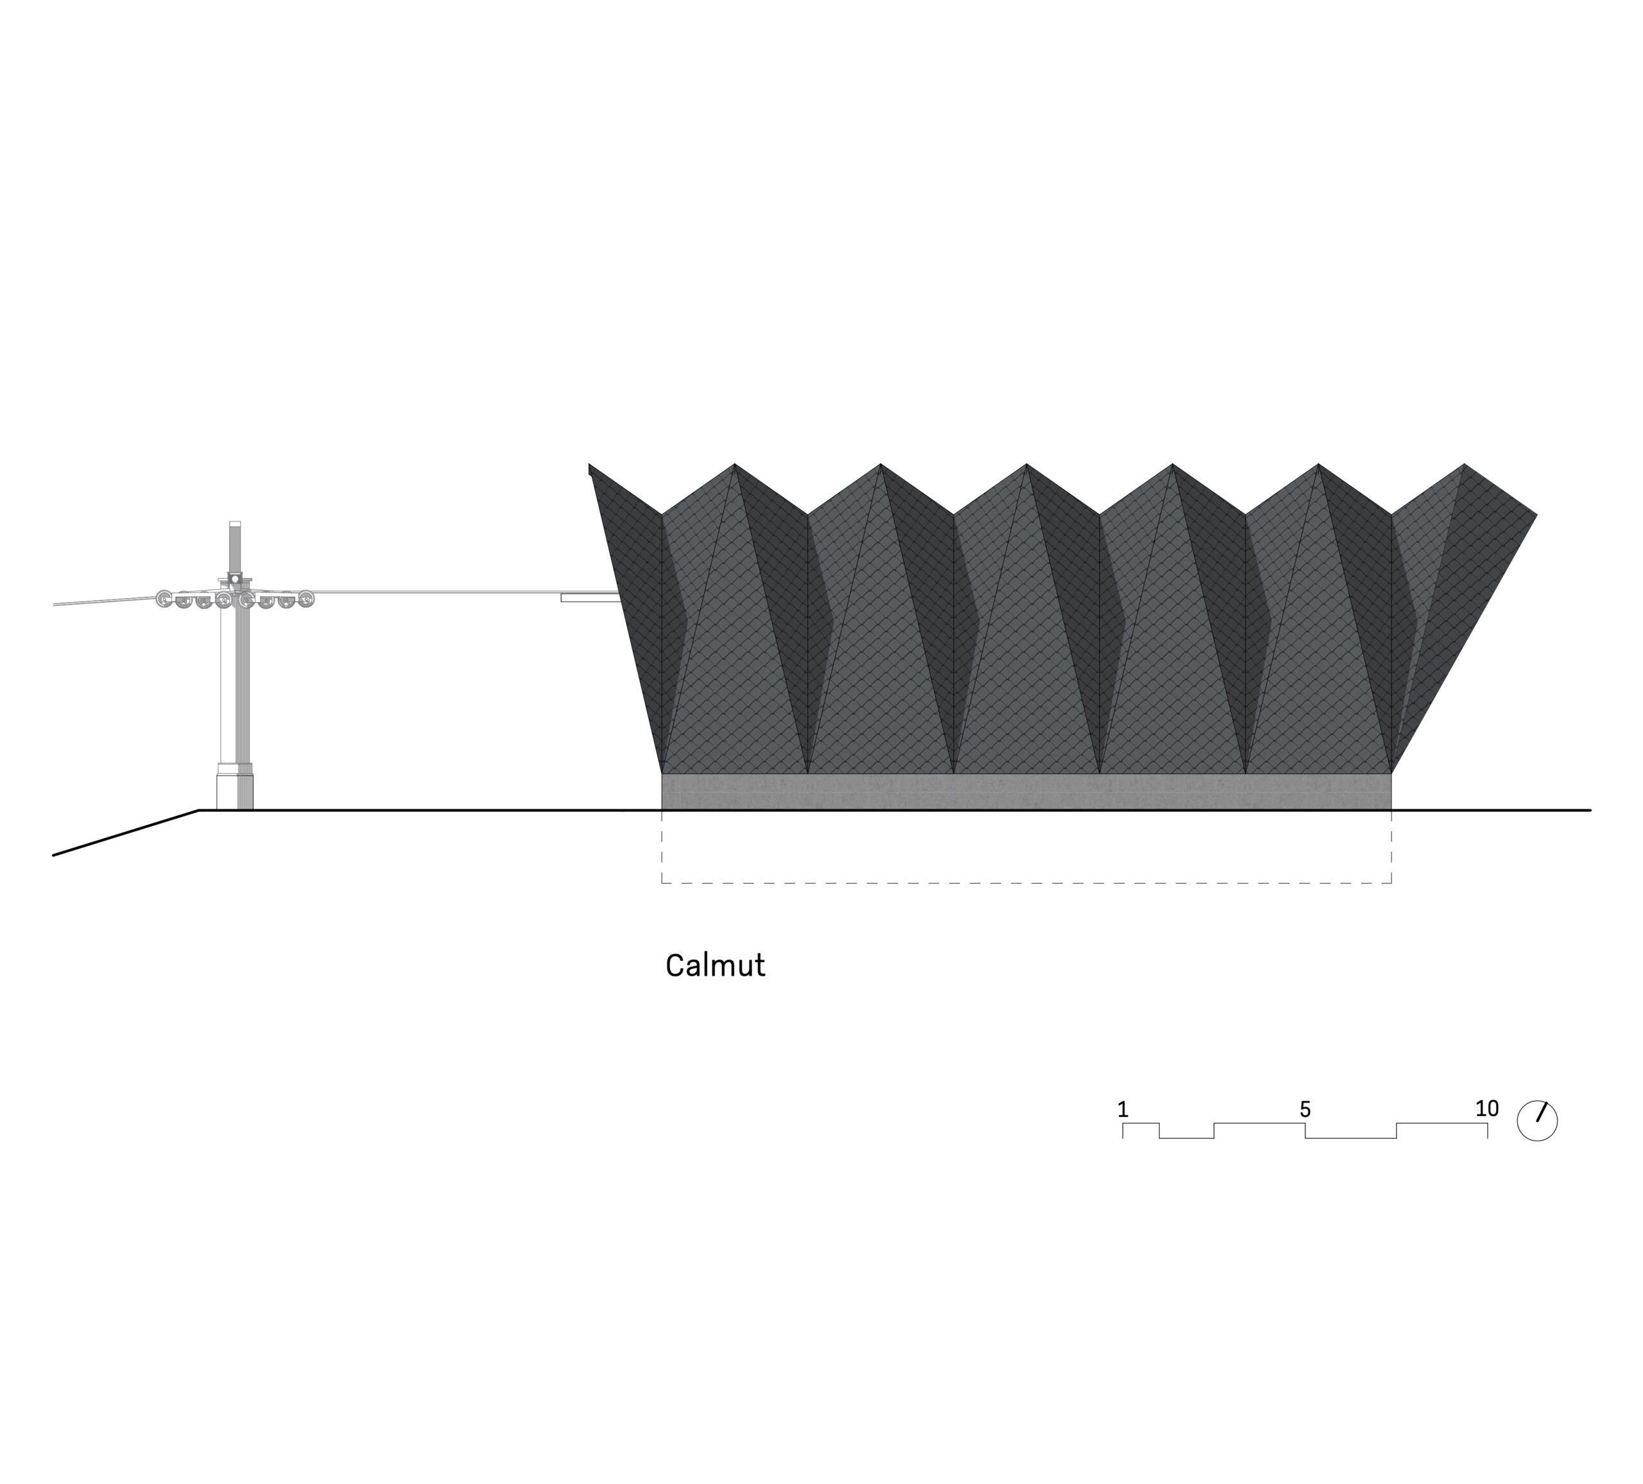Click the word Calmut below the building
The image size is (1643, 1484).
pyautogui.click(x=715, y=966)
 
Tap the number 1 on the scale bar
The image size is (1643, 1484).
pyautogui.click(x=1123, y=1109)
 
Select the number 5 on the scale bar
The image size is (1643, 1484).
pyautogui.click(x=1305, y=1109)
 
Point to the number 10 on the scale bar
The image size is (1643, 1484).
pyautogui.click(x=1486, y=1109)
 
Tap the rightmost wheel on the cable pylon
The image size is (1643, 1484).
pyautogui.click(x=305, y=599)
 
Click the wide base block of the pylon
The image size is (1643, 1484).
pyautogui.click(x=235, y=786)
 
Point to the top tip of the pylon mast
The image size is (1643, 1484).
pyautogui.click(x=235, y=522)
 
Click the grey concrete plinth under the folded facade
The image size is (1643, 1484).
pyautogui.click(x=1026, y=791)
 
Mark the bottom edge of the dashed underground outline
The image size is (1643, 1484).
pyautogui.click(x=1026, y=883)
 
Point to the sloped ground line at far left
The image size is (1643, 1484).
pyautogui.click(x=126, y=833)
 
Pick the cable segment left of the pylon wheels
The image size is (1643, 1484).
pyautogui.click(x=105, y=602)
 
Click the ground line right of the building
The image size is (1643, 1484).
pyautogui.click(x=1492, y=810)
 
